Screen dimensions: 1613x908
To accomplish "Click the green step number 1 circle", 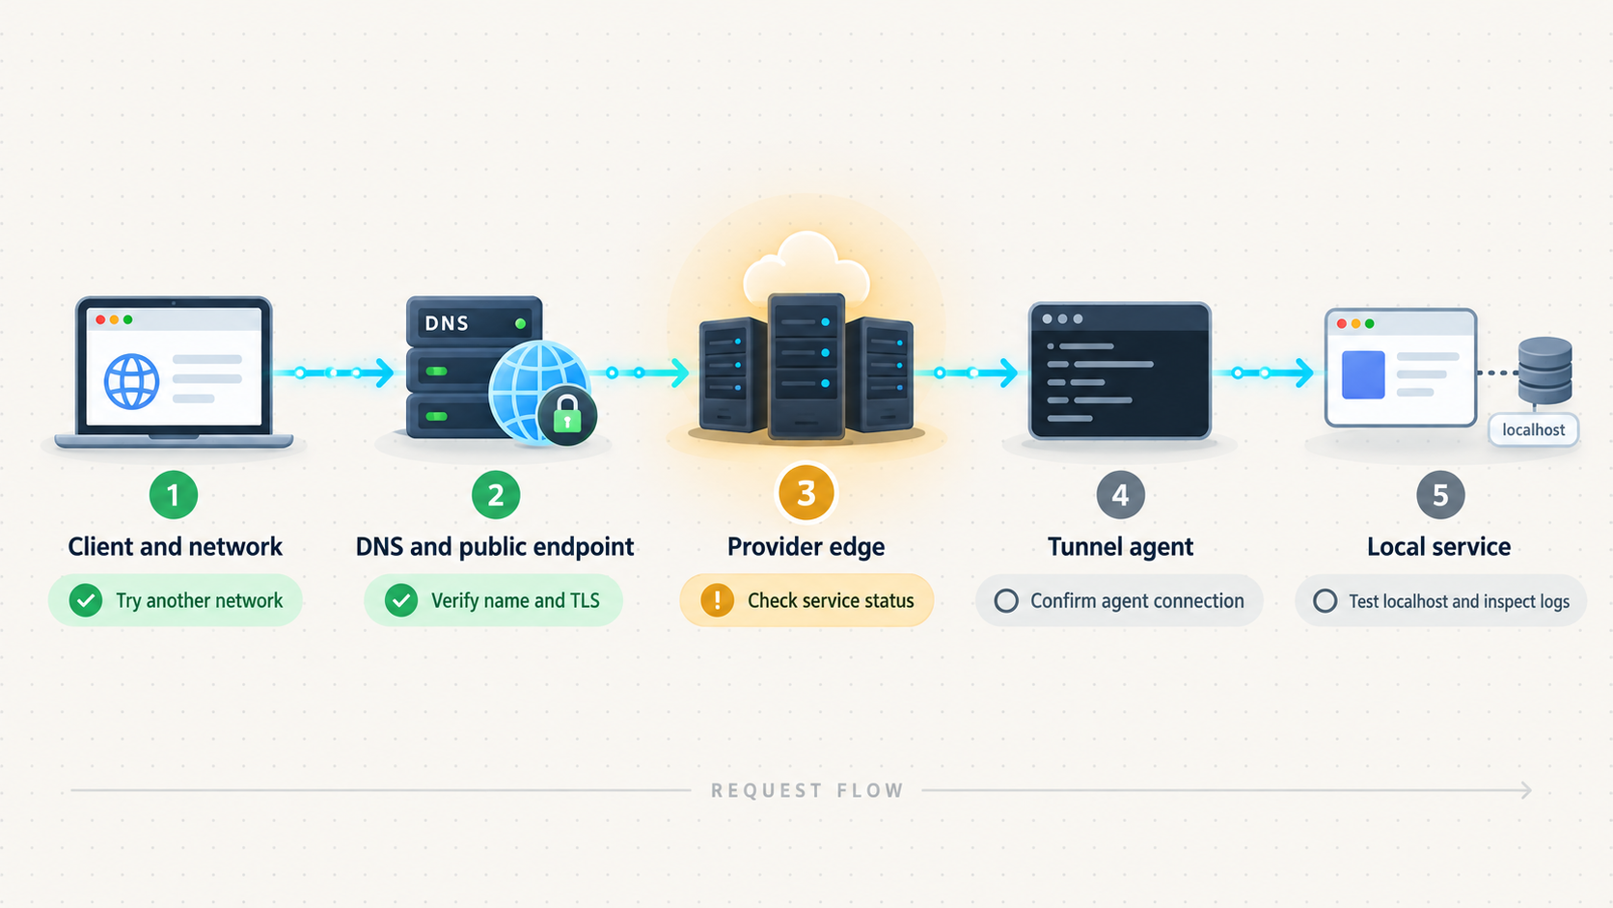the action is pos(174,495).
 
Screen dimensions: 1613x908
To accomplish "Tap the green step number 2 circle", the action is pos(496,495).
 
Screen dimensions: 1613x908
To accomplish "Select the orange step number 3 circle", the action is pos(806,493).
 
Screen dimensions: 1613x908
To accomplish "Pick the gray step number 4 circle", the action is pos(1120,495).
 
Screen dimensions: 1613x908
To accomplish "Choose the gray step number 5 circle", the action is pos(1440,495).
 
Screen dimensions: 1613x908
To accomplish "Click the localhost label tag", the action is pos(1533,430).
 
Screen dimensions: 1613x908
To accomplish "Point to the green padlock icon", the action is pos(566,416).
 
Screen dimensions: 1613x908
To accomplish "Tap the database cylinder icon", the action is pos(1545,371).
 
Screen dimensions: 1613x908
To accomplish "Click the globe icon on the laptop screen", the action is pos(132,382).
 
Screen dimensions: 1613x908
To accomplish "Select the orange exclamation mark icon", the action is pos(717,600).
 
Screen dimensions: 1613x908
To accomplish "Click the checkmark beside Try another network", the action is pos(86,600).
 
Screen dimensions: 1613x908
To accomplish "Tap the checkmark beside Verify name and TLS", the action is pos(401,600).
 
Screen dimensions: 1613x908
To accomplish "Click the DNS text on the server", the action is pos(447,323).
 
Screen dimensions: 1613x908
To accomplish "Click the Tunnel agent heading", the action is pos(1120,546).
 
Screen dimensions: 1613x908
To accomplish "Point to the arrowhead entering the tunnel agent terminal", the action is pos(1009,372).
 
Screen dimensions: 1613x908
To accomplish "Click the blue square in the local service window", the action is pos(1363,374).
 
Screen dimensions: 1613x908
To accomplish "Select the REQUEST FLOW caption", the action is pos(807,790).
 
